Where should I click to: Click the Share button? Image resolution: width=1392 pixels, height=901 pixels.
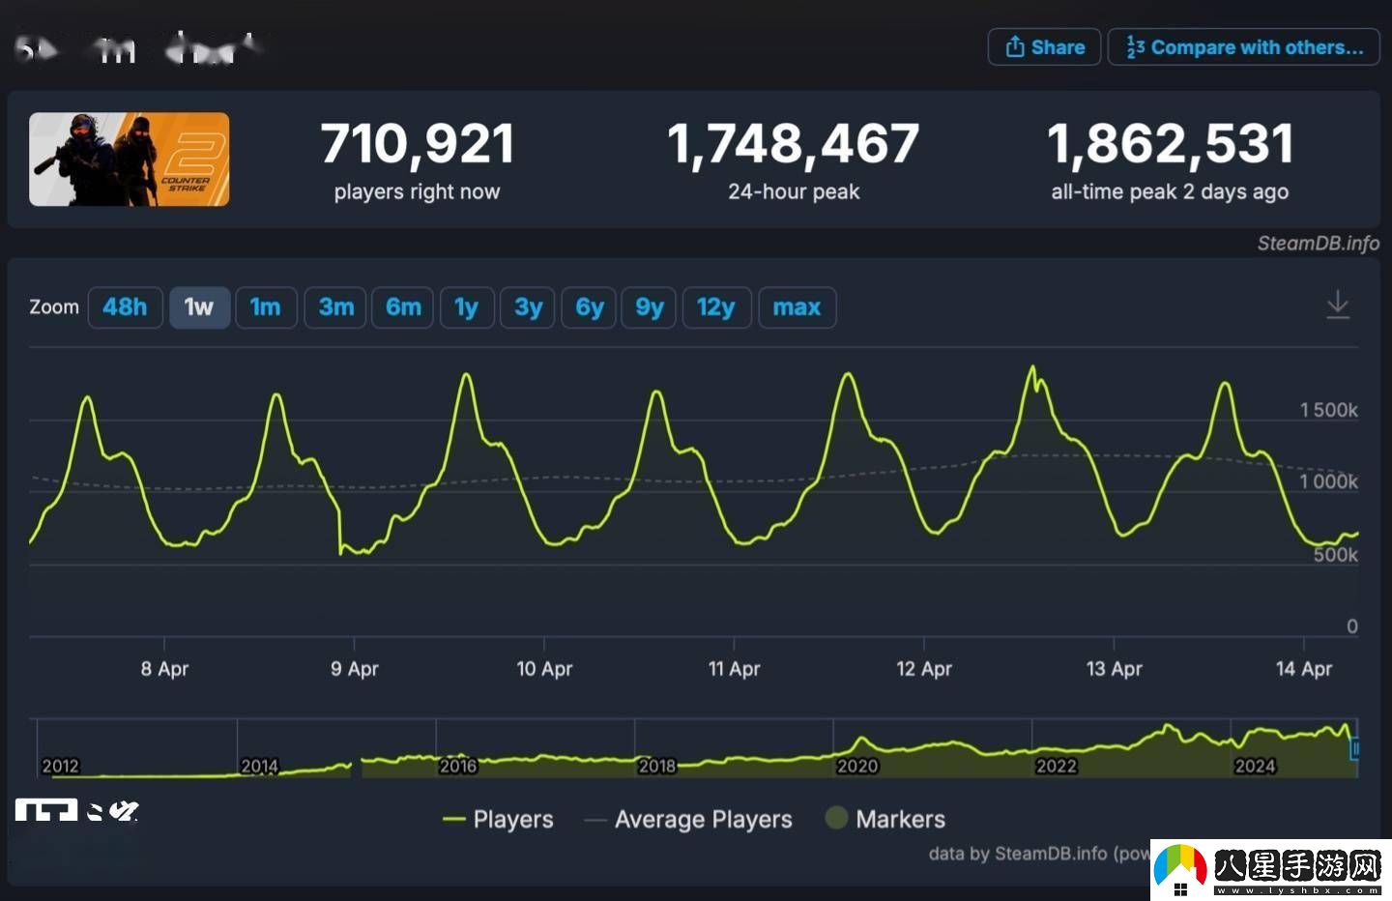[1044, 47]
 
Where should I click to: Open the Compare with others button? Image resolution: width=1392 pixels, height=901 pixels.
[1244, 47]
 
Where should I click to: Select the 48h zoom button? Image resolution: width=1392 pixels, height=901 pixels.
[125, 307]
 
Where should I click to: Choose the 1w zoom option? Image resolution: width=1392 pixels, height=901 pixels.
[199, 307]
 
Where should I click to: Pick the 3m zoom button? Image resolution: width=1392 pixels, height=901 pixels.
[335, 307]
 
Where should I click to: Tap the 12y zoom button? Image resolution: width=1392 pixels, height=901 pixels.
[715, 307]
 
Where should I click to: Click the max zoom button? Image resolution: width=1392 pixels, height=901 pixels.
[797, 307]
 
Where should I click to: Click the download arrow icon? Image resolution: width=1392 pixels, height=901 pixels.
[1338, 305]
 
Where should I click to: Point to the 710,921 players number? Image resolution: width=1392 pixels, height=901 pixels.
[418, 144]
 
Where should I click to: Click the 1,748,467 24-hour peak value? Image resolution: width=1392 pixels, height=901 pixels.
[793, 144]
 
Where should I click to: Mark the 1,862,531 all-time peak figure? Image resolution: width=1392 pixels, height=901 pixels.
[1170, 144]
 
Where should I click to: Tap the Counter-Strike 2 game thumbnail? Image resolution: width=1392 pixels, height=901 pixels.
[130, 160]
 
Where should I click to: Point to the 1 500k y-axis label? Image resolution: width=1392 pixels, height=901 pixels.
[1328, 410]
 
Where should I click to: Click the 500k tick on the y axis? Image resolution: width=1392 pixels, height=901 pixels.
[1335, 555]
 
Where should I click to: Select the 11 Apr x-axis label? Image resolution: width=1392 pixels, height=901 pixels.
[734, 668]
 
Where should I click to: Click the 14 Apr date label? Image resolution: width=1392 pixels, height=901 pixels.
[1303, 668]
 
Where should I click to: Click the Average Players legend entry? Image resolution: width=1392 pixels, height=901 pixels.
[703, 820]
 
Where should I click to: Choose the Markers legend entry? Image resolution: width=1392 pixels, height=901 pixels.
[899, 820]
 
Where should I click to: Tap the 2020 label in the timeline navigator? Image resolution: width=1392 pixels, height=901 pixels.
[856, 766]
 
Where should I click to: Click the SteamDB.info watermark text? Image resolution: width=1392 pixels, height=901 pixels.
[1318, 244]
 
